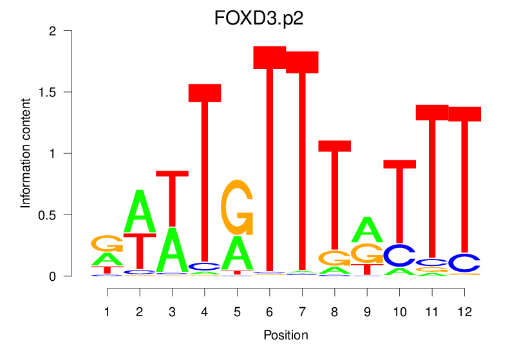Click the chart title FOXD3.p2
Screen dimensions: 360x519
(x=259, y=17)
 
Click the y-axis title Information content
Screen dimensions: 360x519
(x=26, y=153)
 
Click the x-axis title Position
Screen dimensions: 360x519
(x=286, y=336)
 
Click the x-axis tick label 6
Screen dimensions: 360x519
(x=270, y=312)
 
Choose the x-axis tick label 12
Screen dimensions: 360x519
(x=465, y=312)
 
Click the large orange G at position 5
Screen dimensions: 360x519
(x=237, y=207)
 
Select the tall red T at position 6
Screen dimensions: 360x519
(x=270, y=161)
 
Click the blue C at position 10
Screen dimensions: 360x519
(x=399, y=255)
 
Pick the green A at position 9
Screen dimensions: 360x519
(x=367, y=229)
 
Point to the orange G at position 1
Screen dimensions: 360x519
(x=108, y=243)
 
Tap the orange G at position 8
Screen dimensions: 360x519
(x=335, y=258)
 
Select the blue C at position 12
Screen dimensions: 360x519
(x=464, y=263)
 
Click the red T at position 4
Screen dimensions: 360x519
(x=205, y=174)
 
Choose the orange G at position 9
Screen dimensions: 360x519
(x=366, y=253)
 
